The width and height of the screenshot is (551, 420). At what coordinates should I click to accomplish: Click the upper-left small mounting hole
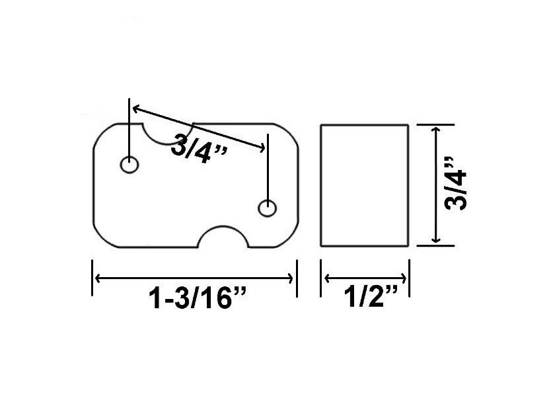(129, 164)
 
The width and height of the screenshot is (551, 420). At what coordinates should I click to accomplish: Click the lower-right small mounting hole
(267, 208)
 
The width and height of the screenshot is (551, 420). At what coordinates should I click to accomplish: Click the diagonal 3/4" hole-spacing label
(198, 145)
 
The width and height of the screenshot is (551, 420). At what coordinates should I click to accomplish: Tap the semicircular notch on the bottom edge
(224, 237)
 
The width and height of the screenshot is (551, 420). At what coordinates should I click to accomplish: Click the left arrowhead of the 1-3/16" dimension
(97, 278)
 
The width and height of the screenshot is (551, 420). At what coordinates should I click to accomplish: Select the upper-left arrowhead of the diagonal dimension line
(134, 106)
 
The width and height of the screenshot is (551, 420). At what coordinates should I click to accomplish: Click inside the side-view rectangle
(364, 185)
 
